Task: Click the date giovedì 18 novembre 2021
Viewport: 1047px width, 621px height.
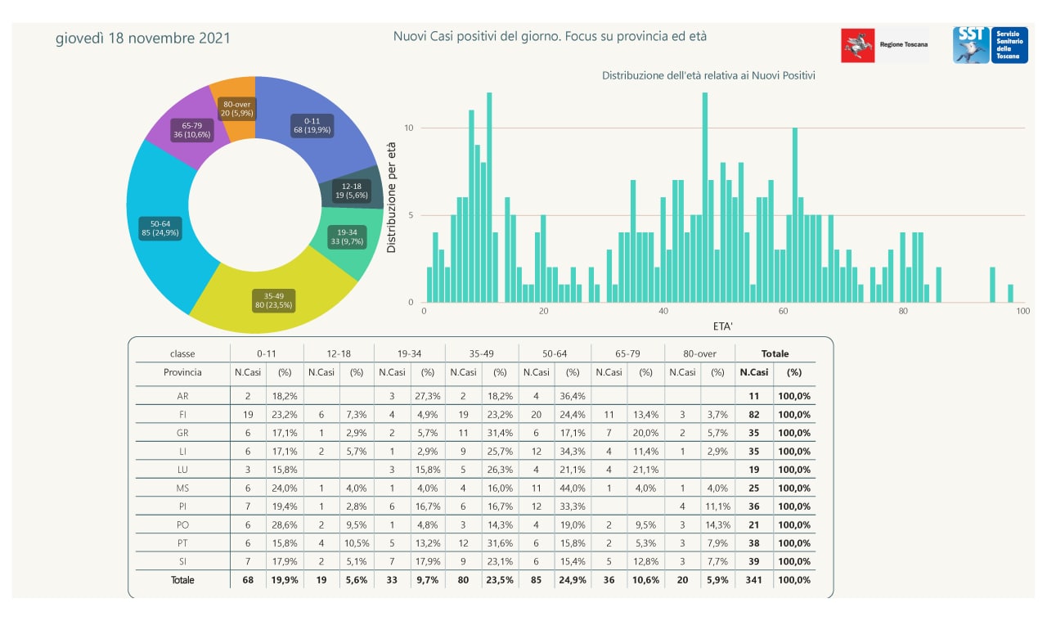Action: click(x=142, y=38)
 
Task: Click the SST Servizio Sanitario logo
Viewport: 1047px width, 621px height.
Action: click(x=990, y=45)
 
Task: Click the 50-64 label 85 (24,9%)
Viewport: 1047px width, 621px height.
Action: click(x=160, y=227)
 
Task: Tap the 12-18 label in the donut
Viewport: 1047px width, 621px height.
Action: click(x=352, y=191)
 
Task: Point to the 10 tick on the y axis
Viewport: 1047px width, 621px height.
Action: click(x=411, y=128)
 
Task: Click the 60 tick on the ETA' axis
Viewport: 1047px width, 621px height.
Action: click(x=783, y=312)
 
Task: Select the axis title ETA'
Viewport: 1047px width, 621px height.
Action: click(x=722, y=326)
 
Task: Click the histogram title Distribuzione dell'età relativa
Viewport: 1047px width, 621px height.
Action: click(x=708, y=75)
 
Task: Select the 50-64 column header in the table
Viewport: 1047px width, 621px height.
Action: click(x=555, y=353)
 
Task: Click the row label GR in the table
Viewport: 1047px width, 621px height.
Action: click(x=182, y=433)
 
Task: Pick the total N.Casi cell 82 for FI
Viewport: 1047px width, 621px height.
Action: click(x=753, y=415)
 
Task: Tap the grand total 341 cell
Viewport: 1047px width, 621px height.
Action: click(x=753, y=580)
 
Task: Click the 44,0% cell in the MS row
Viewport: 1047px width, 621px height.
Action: click(x=573, y=488)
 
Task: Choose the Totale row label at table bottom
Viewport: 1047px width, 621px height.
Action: click(x=182, y=580)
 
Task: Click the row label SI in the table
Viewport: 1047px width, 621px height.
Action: click(x=182, y=562)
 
